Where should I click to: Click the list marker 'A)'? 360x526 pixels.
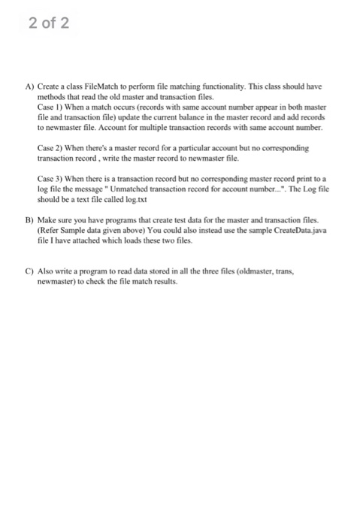tap(29, 87)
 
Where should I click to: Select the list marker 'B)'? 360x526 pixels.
tap(29, 222)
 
